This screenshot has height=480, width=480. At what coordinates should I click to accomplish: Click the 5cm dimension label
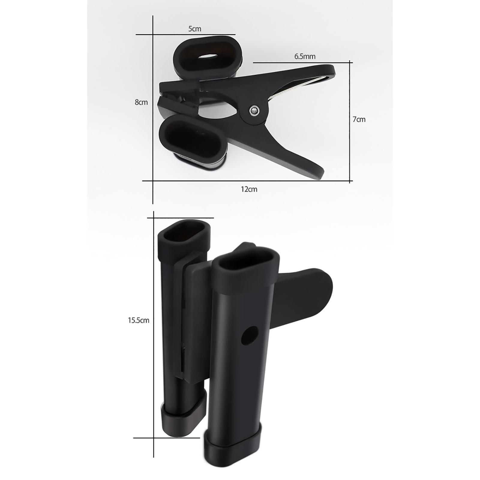point(195,29)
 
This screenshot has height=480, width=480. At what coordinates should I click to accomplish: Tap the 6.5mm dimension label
point(305,56)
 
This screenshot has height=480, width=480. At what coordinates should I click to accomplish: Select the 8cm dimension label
point(141,102)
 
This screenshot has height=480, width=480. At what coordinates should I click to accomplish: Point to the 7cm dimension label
point(359,119)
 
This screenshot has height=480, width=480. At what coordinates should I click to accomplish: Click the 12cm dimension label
point(249,189)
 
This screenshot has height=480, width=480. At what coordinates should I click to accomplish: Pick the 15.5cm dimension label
point(139,320)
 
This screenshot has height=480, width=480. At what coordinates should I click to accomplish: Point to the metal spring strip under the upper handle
point(300,85)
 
